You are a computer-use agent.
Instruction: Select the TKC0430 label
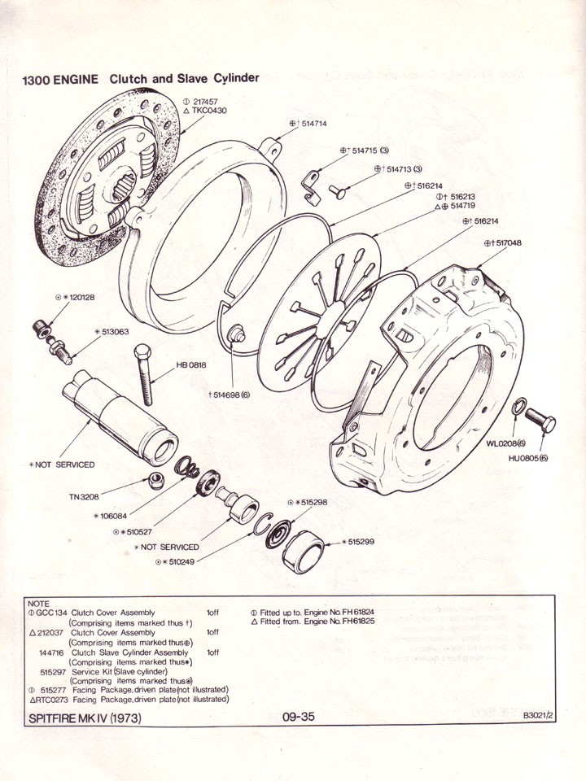[209, 111]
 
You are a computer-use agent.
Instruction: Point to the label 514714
[313, 124]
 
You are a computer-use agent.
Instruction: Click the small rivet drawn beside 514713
[338, 191]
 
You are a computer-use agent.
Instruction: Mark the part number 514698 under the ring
[232, 394]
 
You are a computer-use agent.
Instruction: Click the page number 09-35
[299, 717]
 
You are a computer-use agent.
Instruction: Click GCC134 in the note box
[50, 613]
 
